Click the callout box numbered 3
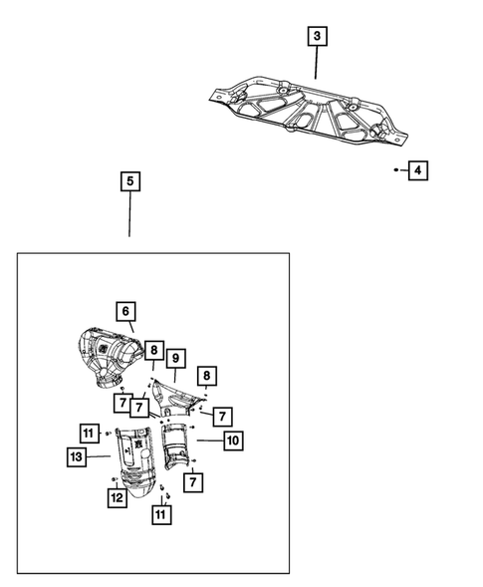point(317,37)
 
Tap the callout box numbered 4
point(417,171)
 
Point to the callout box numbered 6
point(125,312)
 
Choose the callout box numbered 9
point(175,358)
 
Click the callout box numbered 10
point(232,439)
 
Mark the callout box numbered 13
point(78,456)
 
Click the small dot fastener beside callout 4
point(396,171)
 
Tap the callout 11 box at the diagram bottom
point(160,514)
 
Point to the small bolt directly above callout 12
point(116,480)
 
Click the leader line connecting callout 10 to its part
point(208,439)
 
